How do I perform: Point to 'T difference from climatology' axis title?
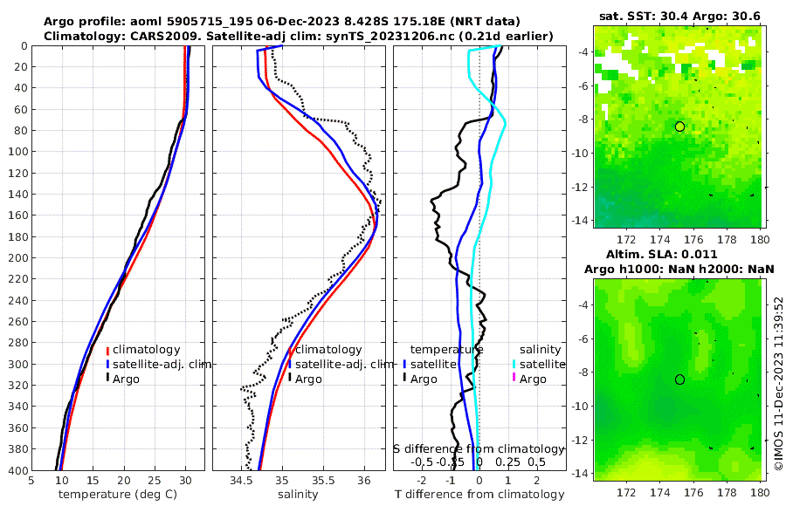[479, 495]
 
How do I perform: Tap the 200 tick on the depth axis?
[17, 258]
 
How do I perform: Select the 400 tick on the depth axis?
[17, 471]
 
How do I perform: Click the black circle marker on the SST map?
[679, 126]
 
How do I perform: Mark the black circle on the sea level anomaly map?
[679, 379]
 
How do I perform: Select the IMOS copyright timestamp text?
[778, 384]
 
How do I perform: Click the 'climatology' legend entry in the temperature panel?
[146, 349]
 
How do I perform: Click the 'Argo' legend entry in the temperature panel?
[127, 379]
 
